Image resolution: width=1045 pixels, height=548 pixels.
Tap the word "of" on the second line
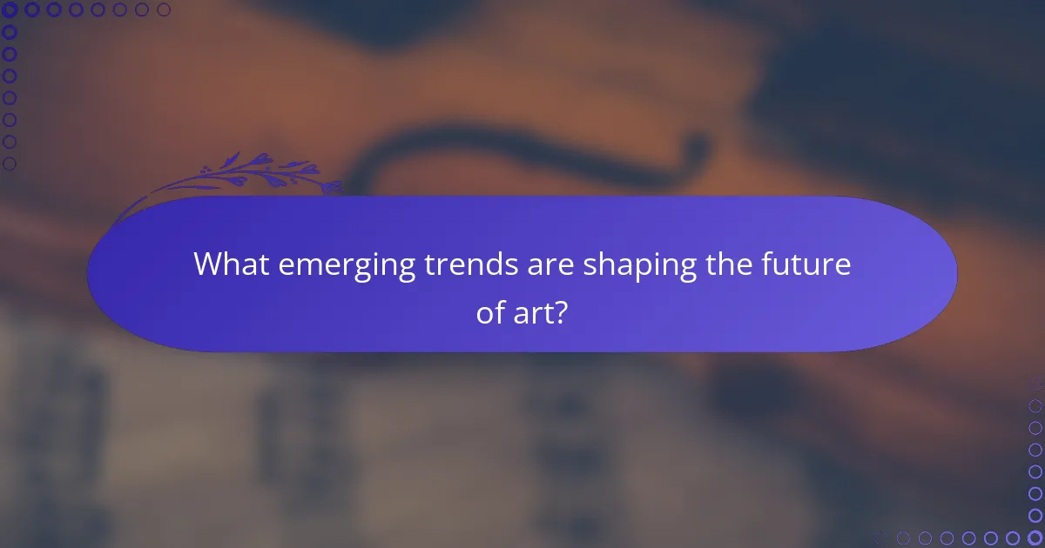489,312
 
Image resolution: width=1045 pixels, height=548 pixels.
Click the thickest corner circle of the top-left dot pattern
10,10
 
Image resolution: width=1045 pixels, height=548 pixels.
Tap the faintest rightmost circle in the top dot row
164,10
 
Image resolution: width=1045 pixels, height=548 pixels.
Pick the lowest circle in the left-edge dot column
10,164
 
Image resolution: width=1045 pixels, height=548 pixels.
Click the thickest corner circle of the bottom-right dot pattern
1035,538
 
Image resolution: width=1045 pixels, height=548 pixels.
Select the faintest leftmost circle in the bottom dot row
881,538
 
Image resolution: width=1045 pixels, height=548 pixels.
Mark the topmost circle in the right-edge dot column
1035,384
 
